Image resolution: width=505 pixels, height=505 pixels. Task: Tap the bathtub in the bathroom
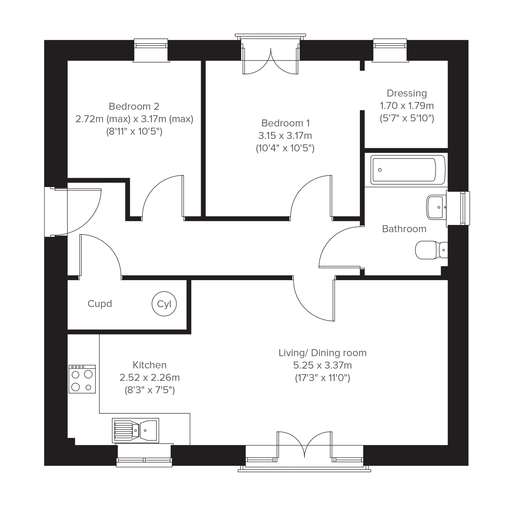pos(407,170)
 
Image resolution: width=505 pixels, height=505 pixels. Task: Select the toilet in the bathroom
pos(431,250)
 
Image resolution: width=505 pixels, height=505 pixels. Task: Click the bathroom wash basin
pos(436,207)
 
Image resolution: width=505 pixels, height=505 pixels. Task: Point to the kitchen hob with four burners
pos(82,379)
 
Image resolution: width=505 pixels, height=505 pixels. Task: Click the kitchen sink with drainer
pos(135,430)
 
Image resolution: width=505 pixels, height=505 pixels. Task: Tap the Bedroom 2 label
pos(134,106)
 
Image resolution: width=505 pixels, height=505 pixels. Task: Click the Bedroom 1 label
pos(286,123)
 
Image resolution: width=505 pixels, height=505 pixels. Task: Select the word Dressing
pos(407,93)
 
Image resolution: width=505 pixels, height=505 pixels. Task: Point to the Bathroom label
pos(404,229)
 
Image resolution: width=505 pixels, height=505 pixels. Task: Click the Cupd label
pos(100,304)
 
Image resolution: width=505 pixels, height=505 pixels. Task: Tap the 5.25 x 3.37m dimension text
pos(322,365)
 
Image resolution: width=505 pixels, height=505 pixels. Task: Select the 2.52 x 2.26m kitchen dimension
pos(150,378)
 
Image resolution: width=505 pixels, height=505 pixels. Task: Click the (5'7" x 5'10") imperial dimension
pos(407,118)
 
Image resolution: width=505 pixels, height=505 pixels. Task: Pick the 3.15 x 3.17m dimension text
pos(285,136)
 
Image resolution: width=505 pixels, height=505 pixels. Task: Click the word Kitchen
pos(150,365)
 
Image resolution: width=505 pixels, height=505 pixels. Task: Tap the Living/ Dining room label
pos(322,353)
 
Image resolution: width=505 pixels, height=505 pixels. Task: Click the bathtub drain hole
pos(380,170)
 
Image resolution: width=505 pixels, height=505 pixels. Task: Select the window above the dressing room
pos(390,50)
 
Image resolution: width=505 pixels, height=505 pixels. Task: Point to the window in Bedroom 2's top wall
pos(151,50)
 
